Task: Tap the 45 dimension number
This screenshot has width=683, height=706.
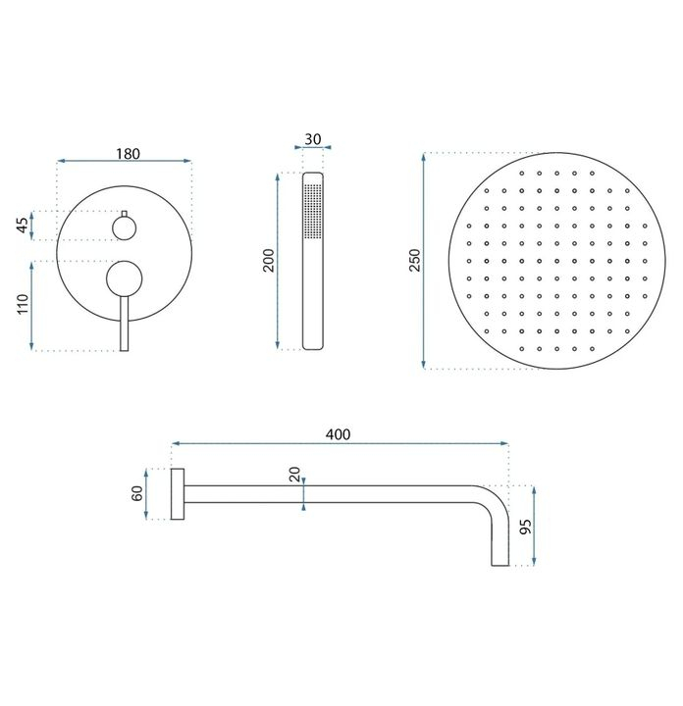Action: pyautogui.click(x=22, y=225)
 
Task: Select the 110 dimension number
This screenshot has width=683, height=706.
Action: pyautogui.click(x=22, y=305)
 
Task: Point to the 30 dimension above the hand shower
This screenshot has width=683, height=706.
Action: pyautogui.click(x=312, y=138)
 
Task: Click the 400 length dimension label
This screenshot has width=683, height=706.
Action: pyautogui.click(x=340, y=433)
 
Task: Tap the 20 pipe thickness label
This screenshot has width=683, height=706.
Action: pyautogui.click(x=294, y=475)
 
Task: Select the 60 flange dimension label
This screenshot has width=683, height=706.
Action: pyautogui.click(x=137, y=493)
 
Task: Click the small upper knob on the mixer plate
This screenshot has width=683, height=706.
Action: pyautogui.click(x=125, y=227)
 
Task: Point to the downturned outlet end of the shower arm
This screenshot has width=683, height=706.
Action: pyautogui.click(x=499, y=549)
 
